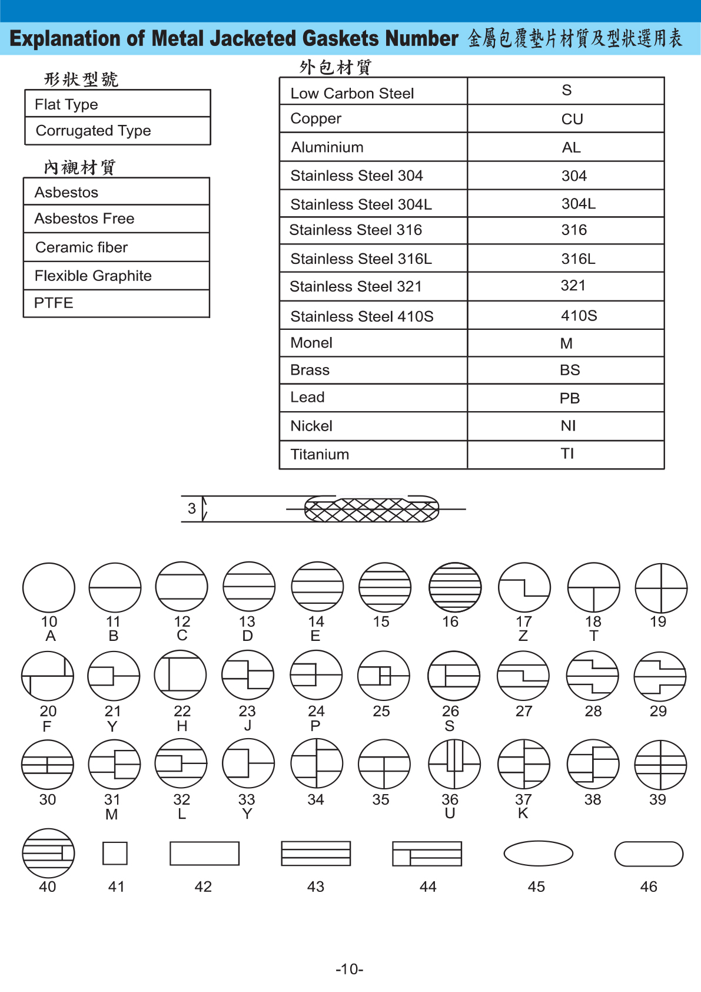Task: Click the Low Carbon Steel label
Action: pyautogui.click(x=352, y=93)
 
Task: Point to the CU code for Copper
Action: pyautogui.click(x=572, y=119)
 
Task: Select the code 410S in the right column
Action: pyautogui.click(x=579, y=316)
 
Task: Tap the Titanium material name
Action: pyautogui.click(x=320, y=454)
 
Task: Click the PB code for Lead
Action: pyautogui.click(x=569, y=398)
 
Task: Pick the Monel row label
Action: pyautogui.click(x=311, y=343)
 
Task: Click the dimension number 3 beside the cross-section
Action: pyautogui.click(x=192, y=508)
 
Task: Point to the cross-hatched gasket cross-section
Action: pyautogui.click(x=371, y=510)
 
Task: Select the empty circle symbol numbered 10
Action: pyautogui.click(x=49, y=588)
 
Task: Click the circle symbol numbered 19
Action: pyautogui.click(x=661, y=588)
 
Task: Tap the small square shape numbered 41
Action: pyautogui.click(x=115, y=853)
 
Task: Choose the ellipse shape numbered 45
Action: pyautogui.click(x=538, y=853)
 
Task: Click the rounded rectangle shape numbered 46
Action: pyautogui.click(x=649, y=854)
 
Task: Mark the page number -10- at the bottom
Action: pyautogui.click(x=350, y=969)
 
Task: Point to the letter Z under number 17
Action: pyautogui.click(x=523, y=636)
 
